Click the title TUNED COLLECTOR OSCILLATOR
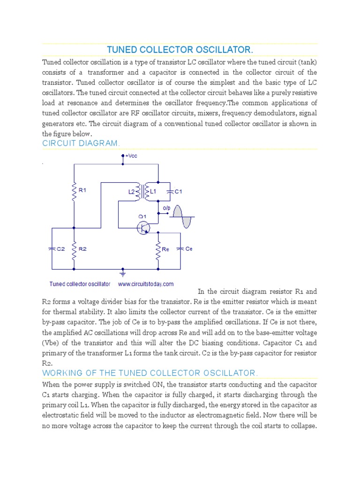[x=180, y=50]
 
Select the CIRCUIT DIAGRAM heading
[x=81, y=143]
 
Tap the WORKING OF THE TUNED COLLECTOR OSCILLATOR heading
[x=150, y=373]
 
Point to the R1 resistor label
[x=83, y=191]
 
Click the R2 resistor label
[x=82, y=249]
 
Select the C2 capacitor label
[x=61, y=249]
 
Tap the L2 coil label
[x=131, y=192]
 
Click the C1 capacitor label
[x=178, y=192]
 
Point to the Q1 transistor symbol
[x=143, y=227]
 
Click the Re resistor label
[x=165, y=249]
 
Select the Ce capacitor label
[x=189, y=249]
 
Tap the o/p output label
[x=166, y=207]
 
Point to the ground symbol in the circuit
[x=123, y=272]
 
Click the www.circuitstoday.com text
[x=146, y=284]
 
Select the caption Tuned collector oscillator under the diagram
[x=80, y=284]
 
